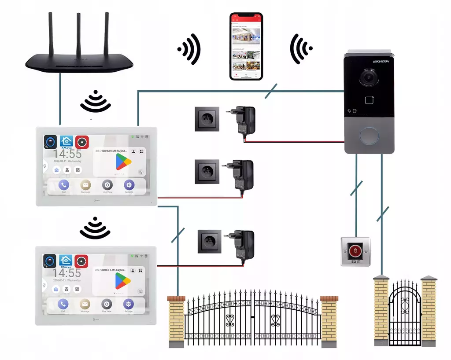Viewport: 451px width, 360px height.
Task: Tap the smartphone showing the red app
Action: pyautogui.click(x=246, y=46)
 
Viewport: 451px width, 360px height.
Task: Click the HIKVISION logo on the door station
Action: pyautogui.click(x=381, y=62)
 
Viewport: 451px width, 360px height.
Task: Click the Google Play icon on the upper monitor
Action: pyautogui.click(x=124, y=162)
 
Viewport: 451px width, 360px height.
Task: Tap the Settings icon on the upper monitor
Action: pyautogui.click(x=129, y=185)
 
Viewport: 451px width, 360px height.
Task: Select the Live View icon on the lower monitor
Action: pyautogui.click(x=107, y=304)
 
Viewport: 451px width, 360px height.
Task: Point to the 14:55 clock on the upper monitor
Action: pyautogui.click(x=67, y=154)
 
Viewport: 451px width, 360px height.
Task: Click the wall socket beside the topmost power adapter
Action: pyautogui.click(x=207, y=119)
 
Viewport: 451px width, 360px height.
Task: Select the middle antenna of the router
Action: pyautogui.click(x=79, y=33)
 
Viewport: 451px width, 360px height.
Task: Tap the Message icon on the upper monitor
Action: pyautogui.click(x=85, y=185)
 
